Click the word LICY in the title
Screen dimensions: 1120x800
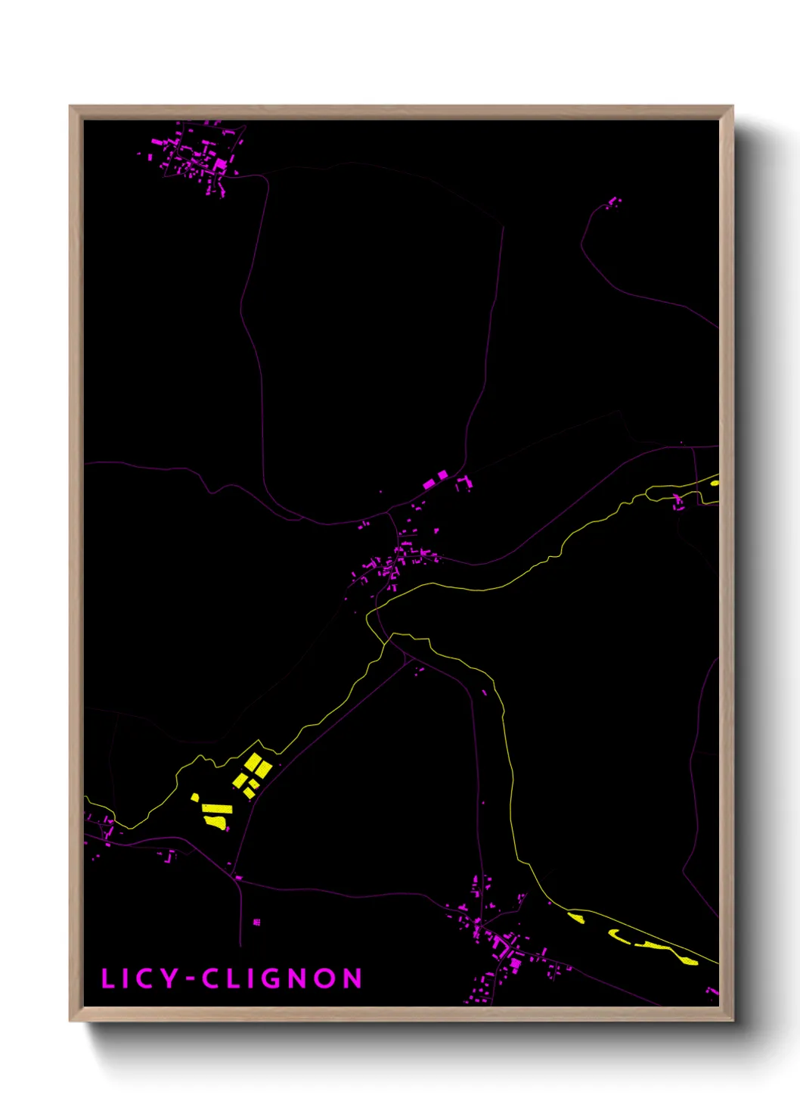point(140,978)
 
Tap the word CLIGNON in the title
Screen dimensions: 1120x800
point(282,978)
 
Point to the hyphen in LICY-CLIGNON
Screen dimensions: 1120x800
point(191,979)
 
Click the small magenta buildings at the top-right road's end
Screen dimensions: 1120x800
point(612,202)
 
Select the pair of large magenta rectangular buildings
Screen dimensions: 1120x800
point(435,480)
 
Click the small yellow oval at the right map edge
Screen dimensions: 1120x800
point(715,481)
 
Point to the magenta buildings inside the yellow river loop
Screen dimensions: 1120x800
point(678,500)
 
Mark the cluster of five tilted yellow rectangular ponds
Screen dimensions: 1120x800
point(252,773)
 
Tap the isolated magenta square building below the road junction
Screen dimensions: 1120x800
point(256,922)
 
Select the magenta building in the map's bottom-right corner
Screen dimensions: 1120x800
point(712,991)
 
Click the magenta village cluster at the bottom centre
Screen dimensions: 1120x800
point(499,938)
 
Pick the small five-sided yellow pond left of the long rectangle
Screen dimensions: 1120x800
point(196,797)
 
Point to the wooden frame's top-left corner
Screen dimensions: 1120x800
point(70,107)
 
